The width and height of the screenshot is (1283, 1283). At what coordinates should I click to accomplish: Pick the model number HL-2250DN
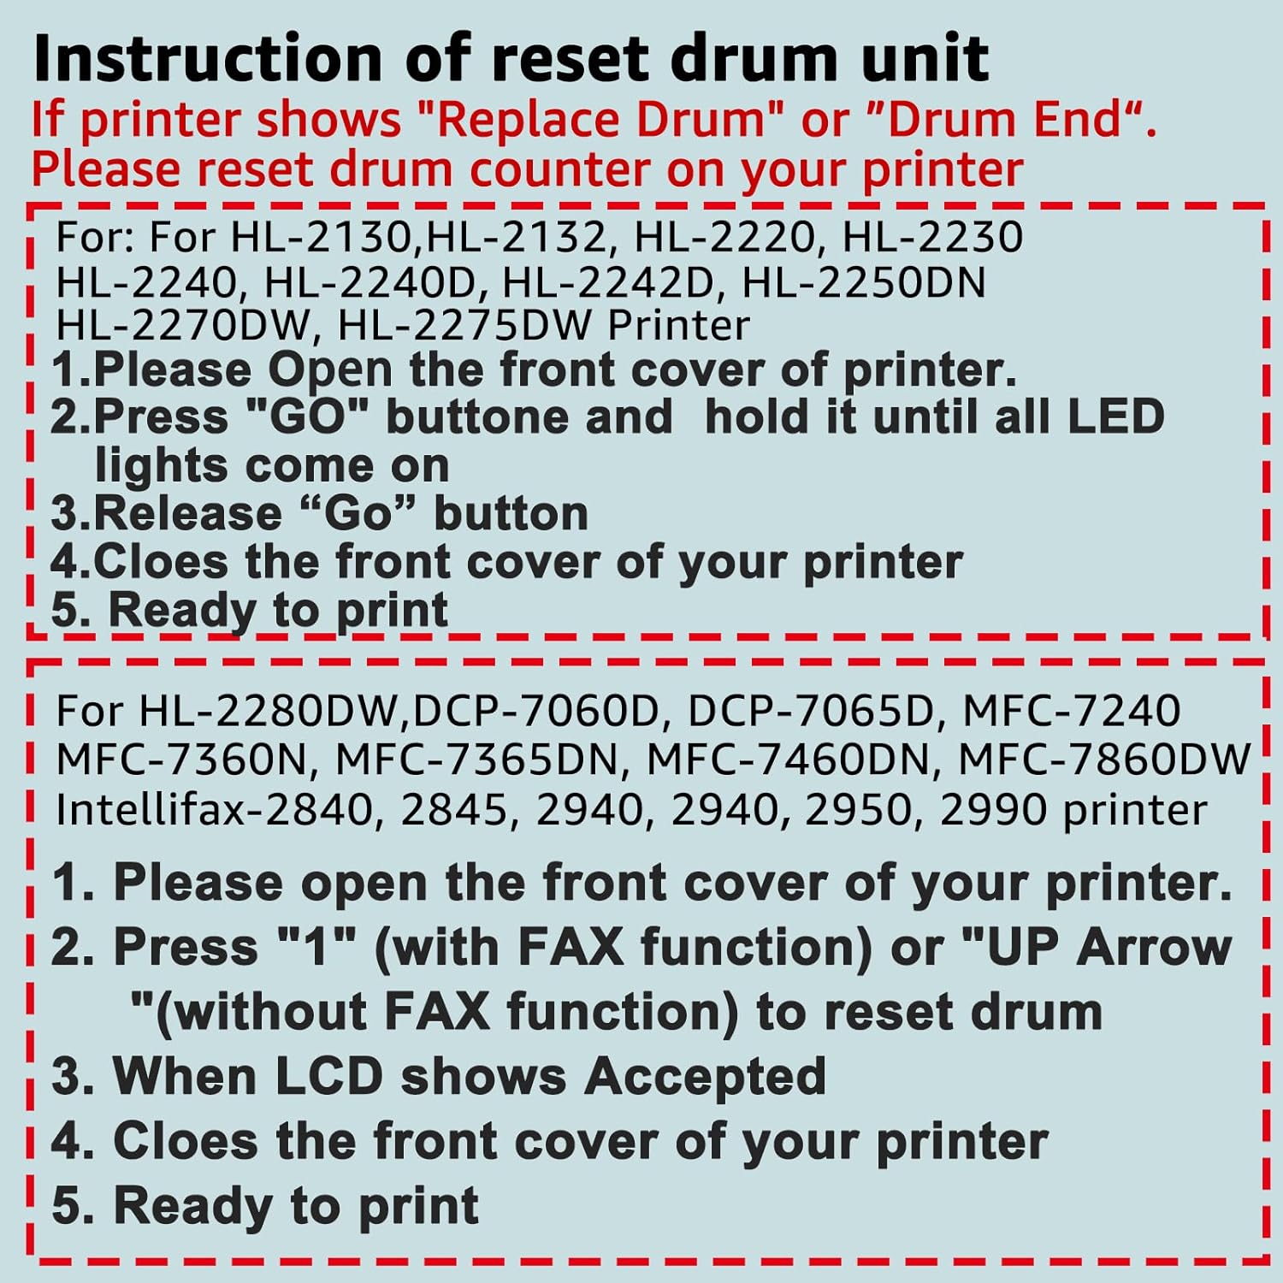pyautogui.click(x=864, y=283)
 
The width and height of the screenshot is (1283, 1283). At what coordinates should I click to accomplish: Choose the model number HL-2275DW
pyautogui.click(x=465, y=325)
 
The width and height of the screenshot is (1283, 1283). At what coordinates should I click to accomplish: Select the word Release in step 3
pyautogui.click(x=187, y=513)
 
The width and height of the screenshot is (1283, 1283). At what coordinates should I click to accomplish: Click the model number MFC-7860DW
pyautogui.click(x=1104, y=760)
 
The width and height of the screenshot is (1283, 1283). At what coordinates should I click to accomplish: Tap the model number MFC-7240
pyautogui.click(x=1071, y=711)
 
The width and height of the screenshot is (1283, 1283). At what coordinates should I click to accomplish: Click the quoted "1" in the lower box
pyautogui.click(x=317, y=948)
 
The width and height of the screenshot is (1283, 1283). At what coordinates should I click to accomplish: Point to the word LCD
pyautogui.click(x=328, y=1076)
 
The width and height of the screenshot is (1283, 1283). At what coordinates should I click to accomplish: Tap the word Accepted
pyautogui.click(x=705, y=1076)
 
